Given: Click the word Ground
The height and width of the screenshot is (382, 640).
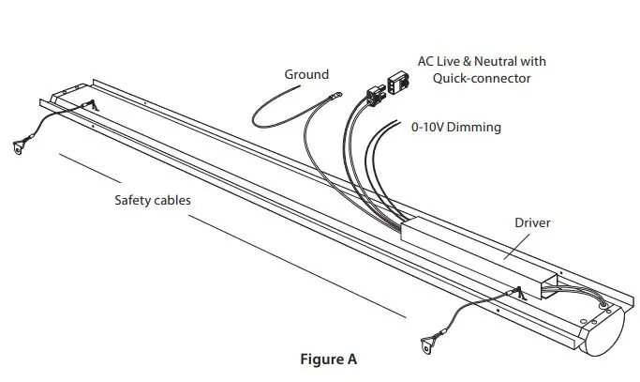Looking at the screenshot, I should pyautogui.click(x=306, y=74).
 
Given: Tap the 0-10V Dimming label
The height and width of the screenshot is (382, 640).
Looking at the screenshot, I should pyautogui.click(x=456, y=127).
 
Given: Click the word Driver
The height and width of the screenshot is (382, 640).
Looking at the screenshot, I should pyautogui.click(x=531, y=222).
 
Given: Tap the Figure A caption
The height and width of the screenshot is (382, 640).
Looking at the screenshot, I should pyautogui.click(x=327, y=359).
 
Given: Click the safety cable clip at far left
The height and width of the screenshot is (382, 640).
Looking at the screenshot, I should pyautogui.click(x=20, y=146).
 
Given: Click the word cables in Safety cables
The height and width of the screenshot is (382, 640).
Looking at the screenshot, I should pyautogui.click(x=175, y=200).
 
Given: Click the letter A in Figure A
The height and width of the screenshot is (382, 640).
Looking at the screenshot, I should pyautogui.click(x=351, y=359).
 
